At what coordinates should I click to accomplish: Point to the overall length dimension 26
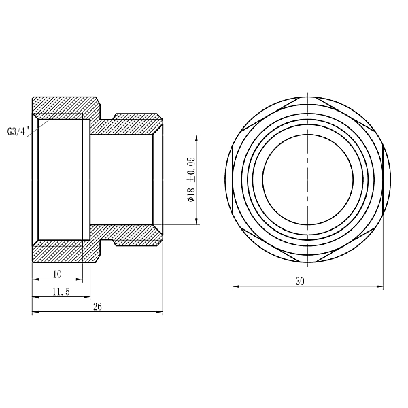point(97,307)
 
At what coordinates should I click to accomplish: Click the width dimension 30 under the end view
point(300,281)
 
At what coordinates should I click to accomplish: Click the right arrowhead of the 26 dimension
point(160,313)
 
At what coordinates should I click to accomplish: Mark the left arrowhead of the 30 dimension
point(236,286)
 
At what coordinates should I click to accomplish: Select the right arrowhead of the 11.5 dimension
point(86,296)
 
